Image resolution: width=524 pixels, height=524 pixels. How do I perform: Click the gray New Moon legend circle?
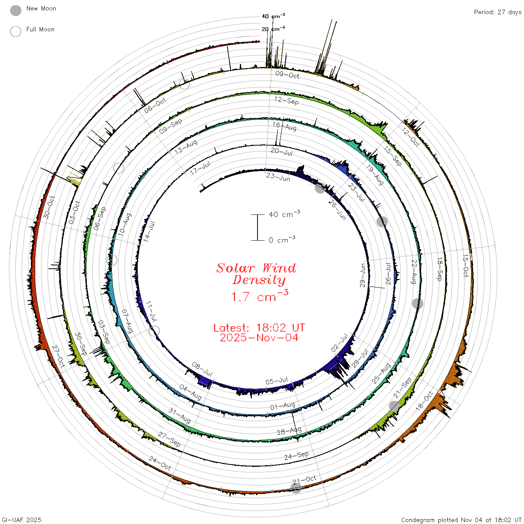pos(15,10)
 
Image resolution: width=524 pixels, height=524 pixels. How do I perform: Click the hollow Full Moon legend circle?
pos(15,31)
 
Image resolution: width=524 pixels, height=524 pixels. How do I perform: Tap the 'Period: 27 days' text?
pos(497,12)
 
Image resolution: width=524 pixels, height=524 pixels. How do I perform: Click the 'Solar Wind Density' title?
pos(256,274)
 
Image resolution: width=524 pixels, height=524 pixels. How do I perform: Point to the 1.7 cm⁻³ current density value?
pos(259,296)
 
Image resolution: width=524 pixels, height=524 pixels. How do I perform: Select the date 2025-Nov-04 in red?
pos(259,338)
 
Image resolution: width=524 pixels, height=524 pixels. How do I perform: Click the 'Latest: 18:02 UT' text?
pos(259,327)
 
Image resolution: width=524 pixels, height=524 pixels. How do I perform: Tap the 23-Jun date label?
pos(278,177)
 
